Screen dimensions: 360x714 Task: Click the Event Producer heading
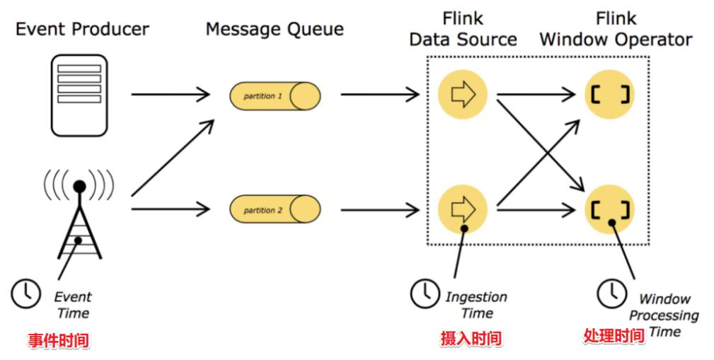point(83,29)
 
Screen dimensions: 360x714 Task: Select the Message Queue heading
point(275,29)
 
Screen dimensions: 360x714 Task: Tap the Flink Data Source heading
point(463,28)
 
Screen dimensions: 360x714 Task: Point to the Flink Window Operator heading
point(616,28)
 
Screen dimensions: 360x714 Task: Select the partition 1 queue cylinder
point(275,95)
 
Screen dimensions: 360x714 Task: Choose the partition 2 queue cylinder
point(275,209)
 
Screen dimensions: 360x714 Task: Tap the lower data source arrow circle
point(463,209)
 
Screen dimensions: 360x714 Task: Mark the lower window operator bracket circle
point(610,209)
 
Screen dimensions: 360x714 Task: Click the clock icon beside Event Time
point(26,292)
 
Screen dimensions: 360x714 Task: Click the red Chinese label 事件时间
point(59,339)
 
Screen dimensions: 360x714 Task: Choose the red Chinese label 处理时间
point(614,335)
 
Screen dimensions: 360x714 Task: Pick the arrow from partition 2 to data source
point(379,209)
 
